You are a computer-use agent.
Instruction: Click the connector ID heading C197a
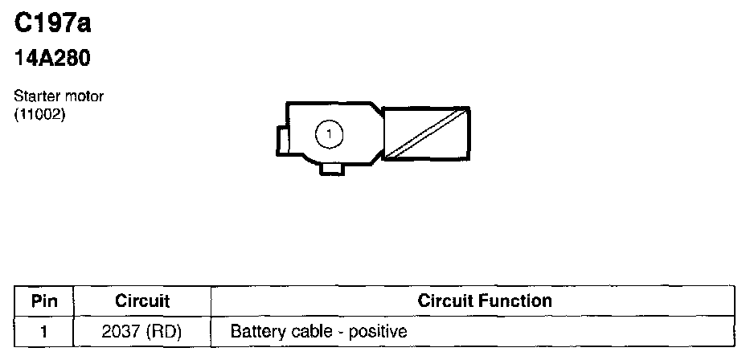pyautogui.click(x=53, y=24)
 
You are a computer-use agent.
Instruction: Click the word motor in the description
pyautogui.click(x=84, y=96)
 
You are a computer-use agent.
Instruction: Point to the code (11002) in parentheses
pyautogui.click(x=39, y=114)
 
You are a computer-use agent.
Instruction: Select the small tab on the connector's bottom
pyautogui.click(x=331, y=168)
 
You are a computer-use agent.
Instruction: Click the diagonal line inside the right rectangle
pyautogui.click(x=425, y=133)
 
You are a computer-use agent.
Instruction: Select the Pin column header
pyautogui.click(x=44, y=301)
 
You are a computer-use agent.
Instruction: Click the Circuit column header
pyautogui.click(x=142, y=301)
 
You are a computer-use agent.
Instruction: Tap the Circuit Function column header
pyautogui.click(x=485, y=301)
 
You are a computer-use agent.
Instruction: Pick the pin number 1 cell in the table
pyautogui.click(x=44, y=331)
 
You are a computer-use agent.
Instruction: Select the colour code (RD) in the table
pyautogui.click(x=163, y=331)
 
